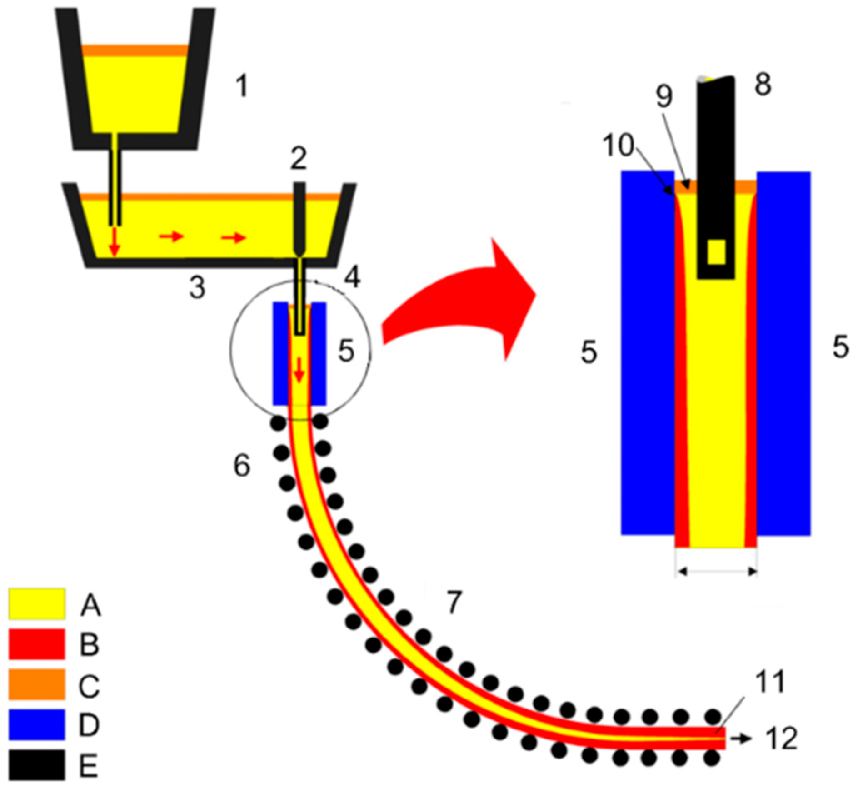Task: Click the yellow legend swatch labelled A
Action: tap(36, 604)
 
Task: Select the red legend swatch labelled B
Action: tap(36, 644)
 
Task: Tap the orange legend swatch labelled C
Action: tap(36, 684)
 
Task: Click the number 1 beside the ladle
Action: tap(241, 86)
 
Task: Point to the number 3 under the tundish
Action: tap(197, 287)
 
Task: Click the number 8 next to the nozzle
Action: tap(763, 85)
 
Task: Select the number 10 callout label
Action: tap(618, 146)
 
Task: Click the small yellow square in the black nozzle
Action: tap(717, 252)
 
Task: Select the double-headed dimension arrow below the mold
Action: tap(716, 571)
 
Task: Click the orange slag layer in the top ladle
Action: tap(135, 50)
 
